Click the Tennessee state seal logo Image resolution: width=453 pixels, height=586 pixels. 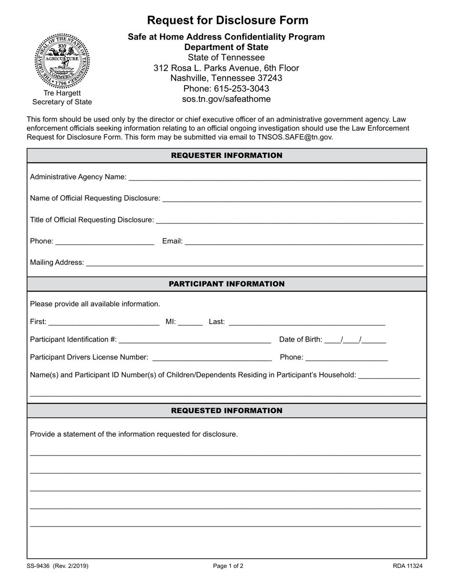(62, 61)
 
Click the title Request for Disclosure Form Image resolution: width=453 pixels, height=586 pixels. (227, 20)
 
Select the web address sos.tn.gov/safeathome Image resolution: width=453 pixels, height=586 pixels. (226, 99)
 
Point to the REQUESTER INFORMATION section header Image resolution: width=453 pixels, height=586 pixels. (226, 156)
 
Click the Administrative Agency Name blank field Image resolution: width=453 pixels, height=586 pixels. (274, 177)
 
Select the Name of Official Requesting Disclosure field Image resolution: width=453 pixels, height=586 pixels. (291, 199)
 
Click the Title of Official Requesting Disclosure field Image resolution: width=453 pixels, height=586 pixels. (289, 220)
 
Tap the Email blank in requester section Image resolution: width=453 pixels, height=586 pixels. (304, 242)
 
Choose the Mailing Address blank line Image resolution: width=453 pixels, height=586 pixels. (254, 263)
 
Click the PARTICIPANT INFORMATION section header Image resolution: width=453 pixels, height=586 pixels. (226, 284)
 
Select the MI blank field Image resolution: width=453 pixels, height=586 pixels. (191, 322)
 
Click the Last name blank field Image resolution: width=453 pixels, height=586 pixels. (307, 322)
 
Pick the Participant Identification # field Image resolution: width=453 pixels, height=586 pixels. (195, 340)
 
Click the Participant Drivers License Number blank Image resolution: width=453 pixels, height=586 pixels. (212, 357)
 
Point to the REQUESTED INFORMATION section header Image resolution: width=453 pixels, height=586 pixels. (226, 411)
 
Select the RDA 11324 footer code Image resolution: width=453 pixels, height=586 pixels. (408, 566)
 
